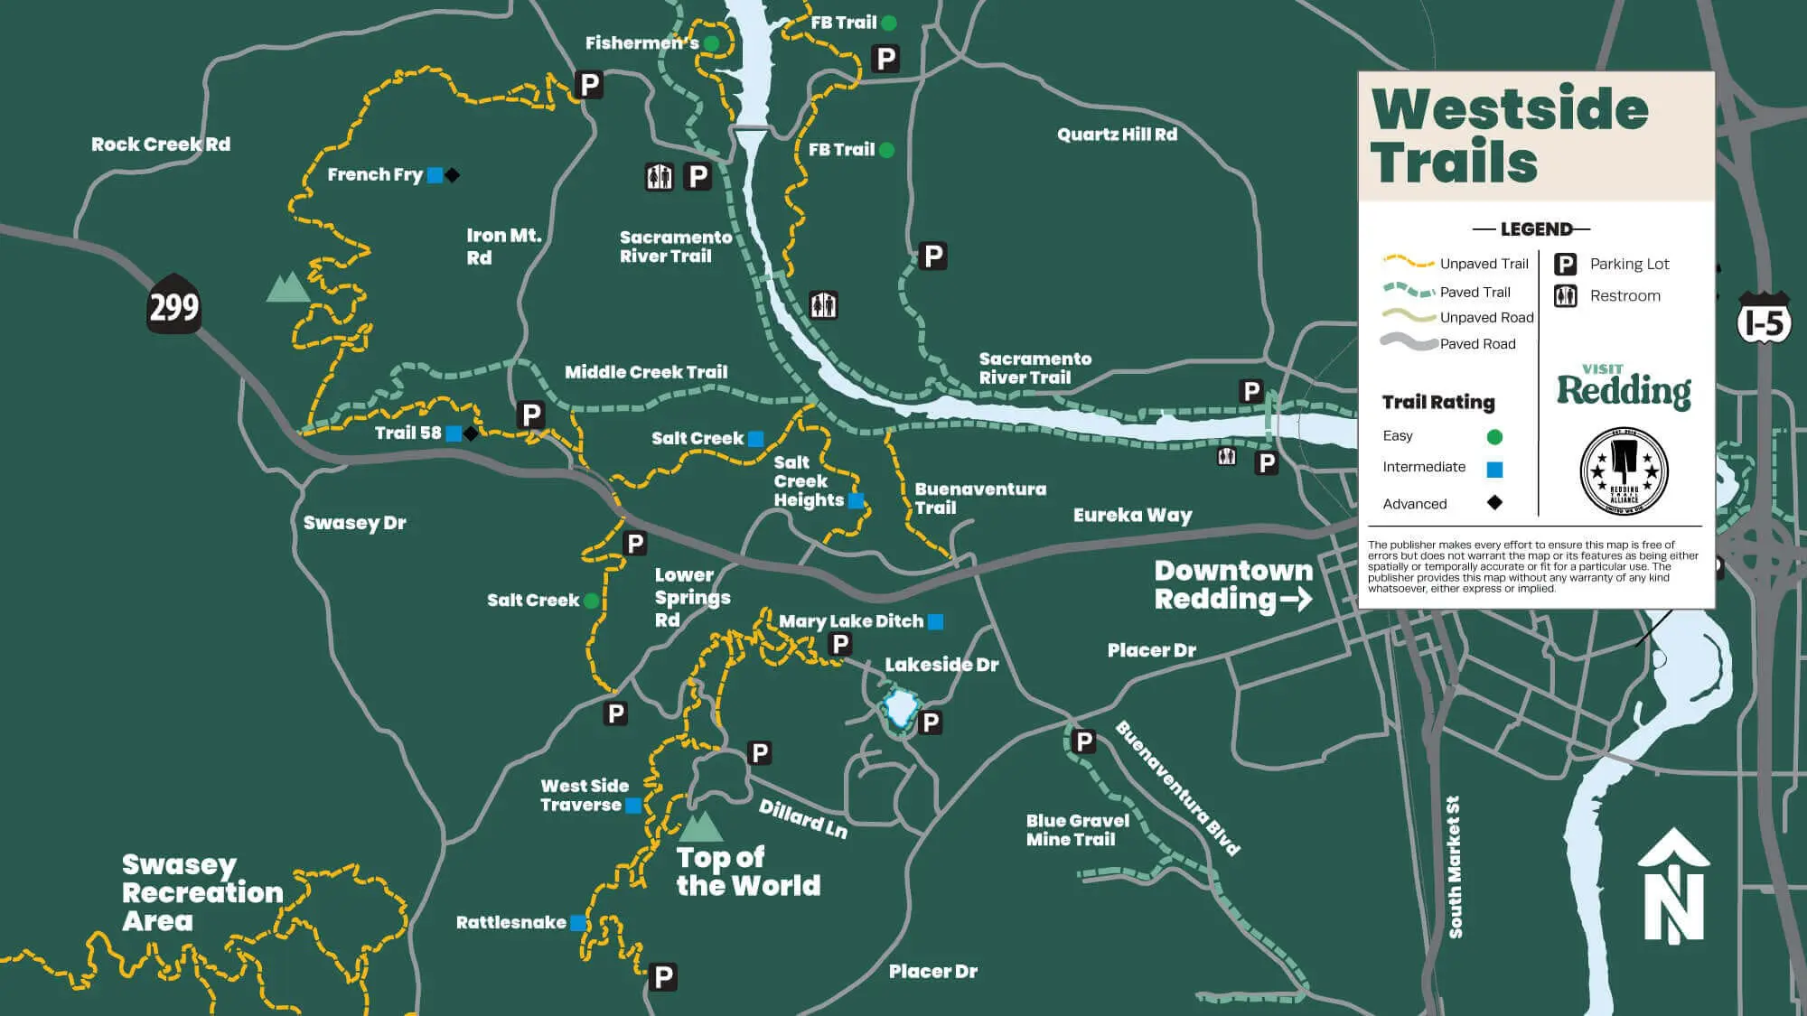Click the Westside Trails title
click(x=1509, y=135)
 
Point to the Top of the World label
click(x=747, y=871)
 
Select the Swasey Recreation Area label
click(x=201, y=892)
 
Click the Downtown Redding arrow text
click(x=1232, y=585)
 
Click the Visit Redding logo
click(x=1623, y=387)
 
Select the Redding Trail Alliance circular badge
click(x=1624, y=471)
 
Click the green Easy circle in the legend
click(x=1494, y=437)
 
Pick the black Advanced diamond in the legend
click(x=1494, y=502)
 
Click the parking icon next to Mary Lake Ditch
click(x=840, y=644)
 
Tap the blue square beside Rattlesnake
click(x=577, y=923)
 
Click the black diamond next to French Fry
click(x=453, y=175)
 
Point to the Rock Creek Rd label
click(x=160, y=144)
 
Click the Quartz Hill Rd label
click(x=1117, y=135)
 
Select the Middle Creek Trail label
click(x=645, y=372)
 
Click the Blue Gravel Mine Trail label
click(x=1077, y=829)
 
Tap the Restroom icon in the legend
click(x=1565, y=295)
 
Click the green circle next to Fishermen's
click(x=711, y=43)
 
